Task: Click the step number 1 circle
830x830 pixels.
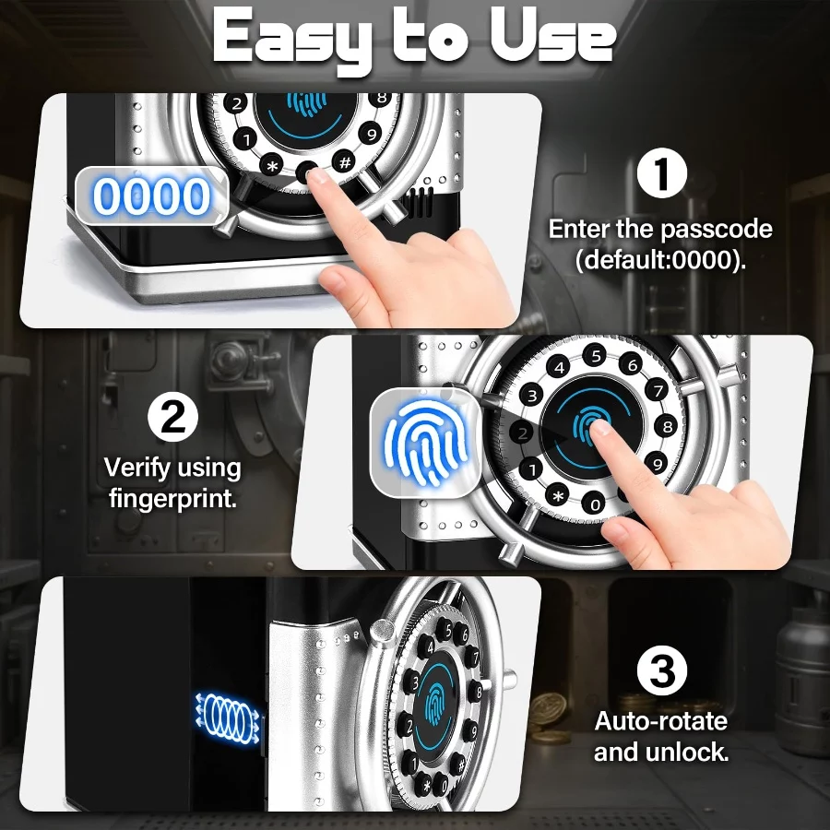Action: pyautogui.click(x=661, y=173)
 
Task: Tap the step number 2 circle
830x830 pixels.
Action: pyautogui.click(x=172, y=417)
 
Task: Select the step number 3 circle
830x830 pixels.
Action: pyautogui.click(x=661, y=670)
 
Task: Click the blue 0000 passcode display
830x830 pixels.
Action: pyautogui.click(x=152, y=196)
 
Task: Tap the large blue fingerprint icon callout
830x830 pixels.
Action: pyautogui.click(x=425, y=442)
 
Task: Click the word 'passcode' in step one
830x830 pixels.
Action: pyautogui.click(x=717, y=230)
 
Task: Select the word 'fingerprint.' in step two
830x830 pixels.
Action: pyautogui.click(x=172, y=499)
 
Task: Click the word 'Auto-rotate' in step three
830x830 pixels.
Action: pyautogui.click(x=660, y=721)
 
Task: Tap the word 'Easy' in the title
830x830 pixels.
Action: pyautogui.click(x=291, y=38)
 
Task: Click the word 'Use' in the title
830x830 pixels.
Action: pyautogui.click(x=552, y=36)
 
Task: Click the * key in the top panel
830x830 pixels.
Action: pyautogui.click(x=272, y=167)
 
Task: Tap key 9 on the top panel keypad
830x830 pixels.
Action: pyautogui.click(x=371, y=134)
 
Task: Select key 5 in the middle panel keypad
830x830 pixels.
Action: pyautogui.click(x=595, y=356)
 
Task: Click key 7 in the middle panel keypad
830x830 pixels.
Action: pyautogui.click(x=658, y=391)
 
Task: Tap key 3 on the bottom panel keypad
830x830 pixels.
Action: pyautogui.click(x=412, y=682)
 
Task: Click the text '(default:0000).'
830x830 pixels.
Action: pyautogui.click(x=660, y=259)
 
